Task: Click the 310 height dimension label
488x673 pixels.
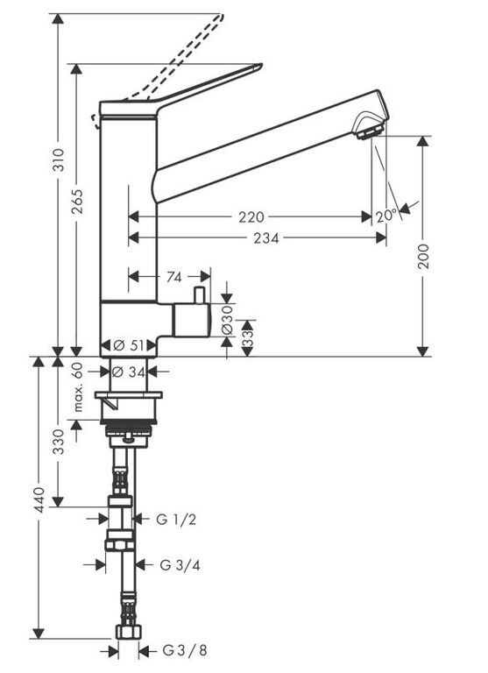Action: pos(59,159)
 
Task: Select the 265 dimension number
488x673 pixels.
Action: pos(77,202)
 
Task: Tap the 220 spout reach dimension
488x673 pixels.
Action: pos(251,217)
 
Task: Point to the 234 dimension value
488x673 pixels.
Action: pos(266,237)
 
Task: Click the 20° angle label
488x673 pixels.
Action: pos(386,216)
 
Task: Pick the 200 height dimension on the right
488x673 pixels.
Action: pos(424,256)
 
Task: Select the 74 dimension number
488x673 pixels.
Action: pos(173,277)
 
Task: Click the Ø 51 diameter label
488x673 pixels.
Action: pos(129,345)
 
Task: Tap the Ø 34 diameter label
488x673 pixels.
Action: pos(128,372)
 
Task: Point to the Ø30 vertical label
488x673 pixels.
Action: pos(227,319)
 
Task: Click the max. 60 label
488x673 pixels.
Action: pos(77,387)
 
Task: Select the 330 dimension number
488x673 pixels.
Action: pos(59,442)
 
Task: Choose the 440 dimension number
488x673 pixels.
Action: pos(39,499)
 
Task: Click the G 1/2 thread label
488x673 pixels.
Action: pos(176,520)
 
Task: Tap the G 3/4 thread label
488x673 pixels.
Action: pos(180,565)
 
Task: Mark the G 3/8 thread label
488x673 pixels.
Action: pos(185,650)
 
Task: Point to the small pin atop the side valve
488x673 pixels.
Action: pos(199,295)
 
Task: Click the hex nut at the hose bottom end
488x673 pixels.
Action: pos(128,631)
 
